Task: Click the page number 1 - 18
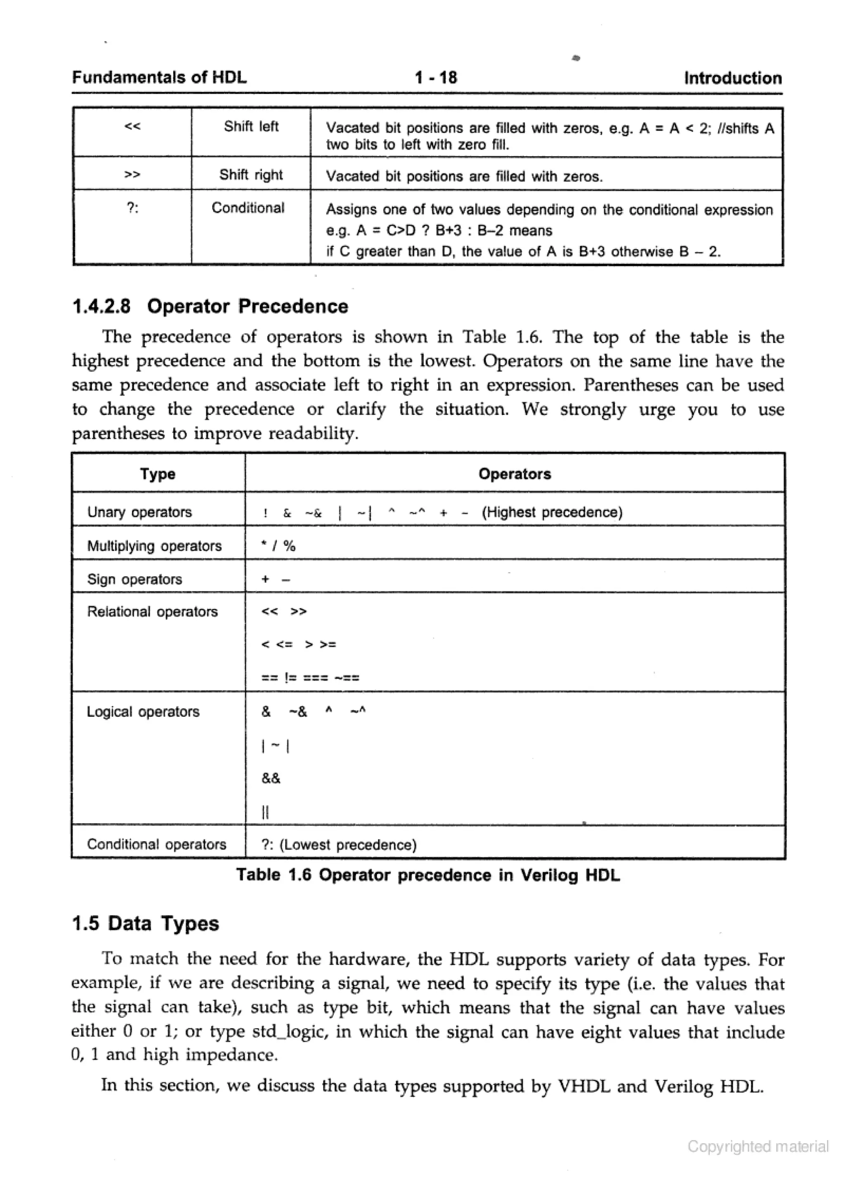click(435, 78)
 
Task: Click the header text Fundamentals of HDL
click(159, 78)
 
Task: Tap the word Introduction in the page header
click(732, 78)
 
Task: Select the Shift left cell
click(251, 127)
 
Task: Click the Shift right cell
click(251, 175)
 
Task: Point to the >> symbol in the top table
click(132, 175)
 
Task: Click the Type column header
click(158, 474)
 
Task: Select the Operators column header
click(514, 474)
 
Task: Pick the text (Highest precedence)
click(552, 513)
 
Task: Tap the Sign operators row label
click(135, 579)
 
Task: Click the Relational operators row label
click(152, 612)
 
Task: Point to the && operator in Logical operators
click(271, 779)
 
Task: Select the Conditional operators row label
click(156, 844)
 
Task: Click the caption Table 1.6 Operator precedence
click(428, 875)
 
